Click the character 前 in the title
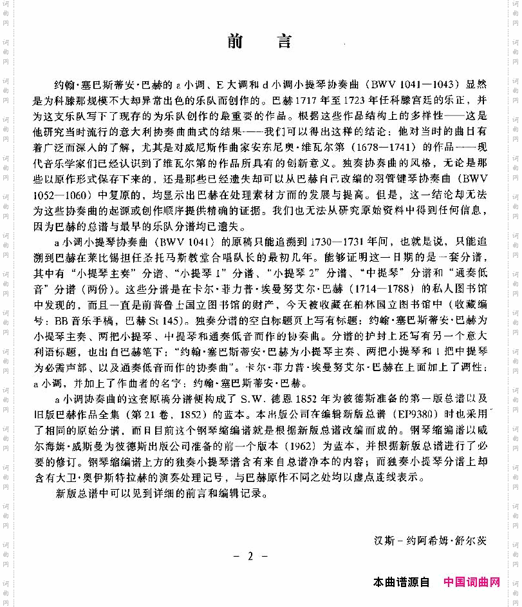[236, 43]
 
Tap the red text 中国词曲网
[471, 583]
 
